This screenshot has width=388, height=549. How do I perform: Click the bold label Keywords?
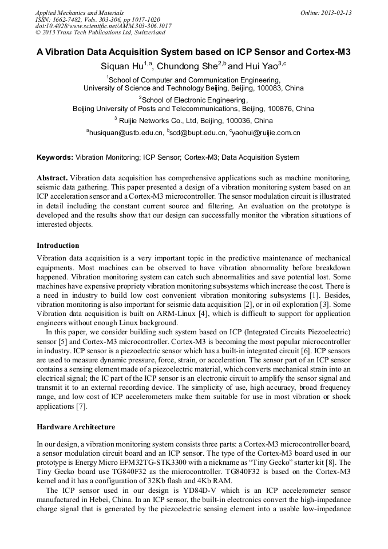click(x=55, y=157)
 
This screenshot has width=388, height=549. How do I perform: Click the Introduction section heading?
click(x=58, y=246)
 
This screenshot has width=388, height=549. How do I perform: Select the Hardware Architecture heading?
click(x=76, y=427)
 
